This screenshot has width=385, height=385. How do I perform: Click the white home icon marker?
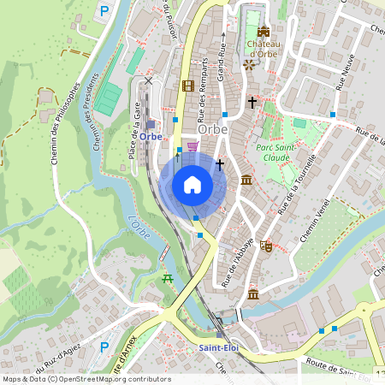coord(192,185)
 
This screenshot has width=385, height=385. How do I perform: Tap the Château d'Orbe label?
coord(263,49)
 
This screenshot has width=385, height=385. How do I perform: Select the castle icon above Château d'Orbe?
coord(263,32)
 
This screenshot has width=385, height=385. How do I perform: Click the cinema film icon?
coord(187,86)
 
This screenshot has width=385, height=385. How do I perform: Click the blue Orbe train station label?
coord(151,136)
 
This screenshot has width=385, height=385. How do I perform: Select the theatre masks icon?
coord(266,245)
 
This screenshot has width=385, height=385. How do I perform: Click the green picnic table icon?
coord(168,279)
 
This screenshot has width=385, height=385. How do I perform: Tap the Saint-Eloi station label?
coord(217,347)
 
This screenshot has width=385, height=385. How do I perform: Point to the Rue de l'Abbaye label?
coord(236,262)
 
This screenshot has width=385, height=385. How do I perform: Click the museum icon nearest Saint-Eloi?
coord(253,294)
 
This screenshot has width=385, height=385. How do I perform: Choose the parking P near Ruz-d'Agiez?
coord(104,346)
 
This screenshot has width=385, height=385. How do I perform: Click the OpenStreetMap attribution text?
coord(86,379)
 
